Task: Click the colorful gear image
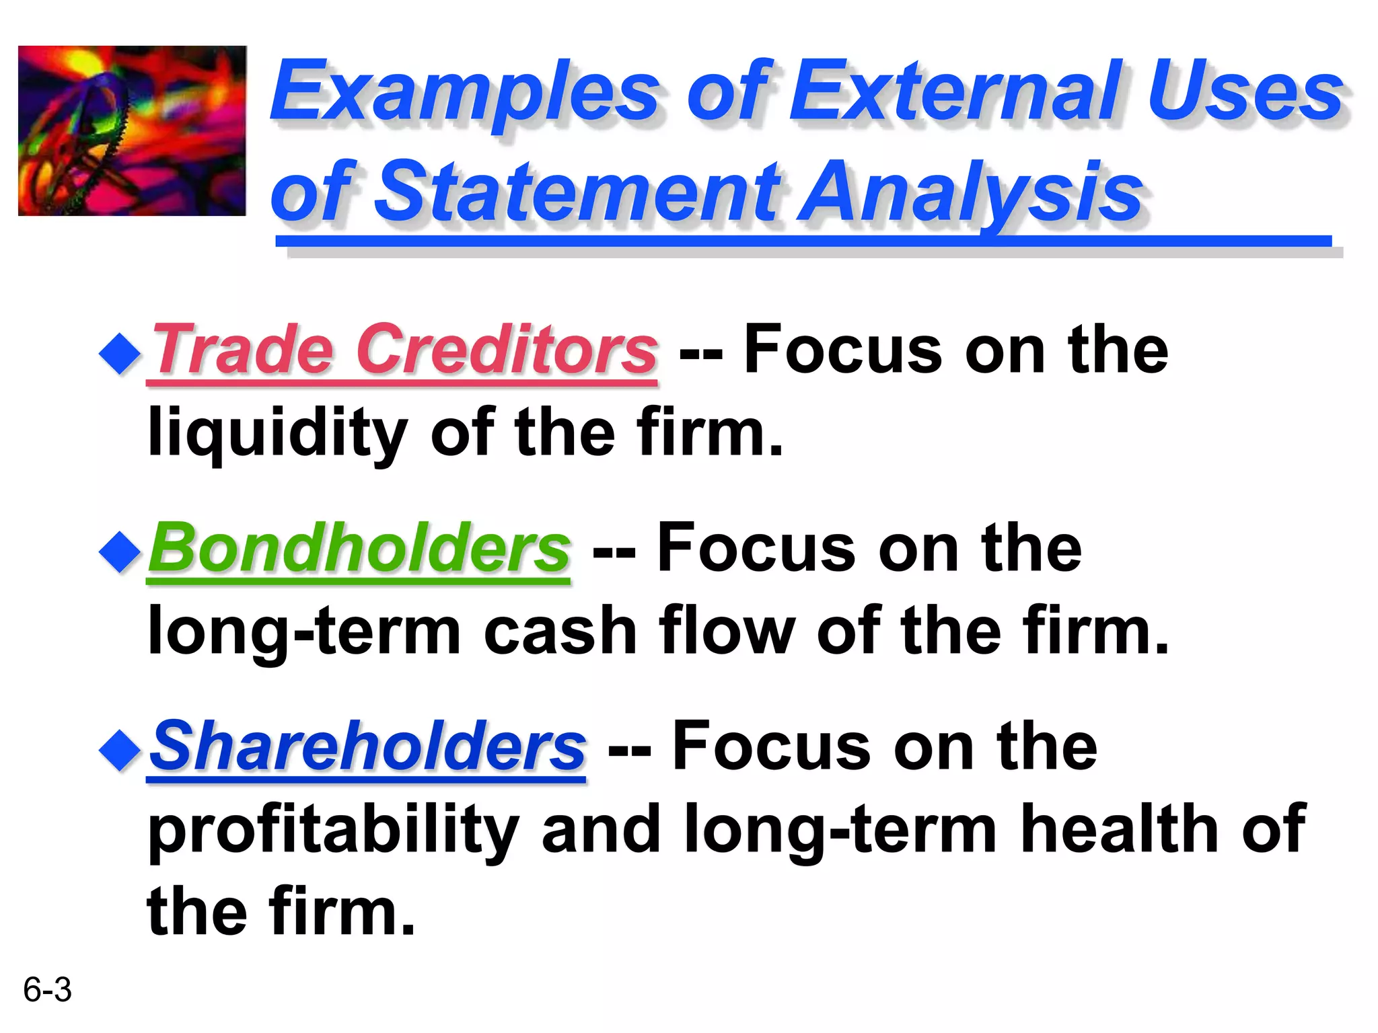[x=132, y=130]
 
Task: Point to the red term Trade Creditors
[x=404, y=350]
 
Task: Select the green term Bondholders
[x=359, y=548]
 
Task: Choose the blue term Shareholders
[x=367, y=747]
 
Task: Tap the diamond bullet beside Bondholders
[x=120, y=552]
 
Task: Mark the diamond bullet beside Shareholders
[x=120, y=750]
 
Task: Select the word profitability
[x=333, y=831]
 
